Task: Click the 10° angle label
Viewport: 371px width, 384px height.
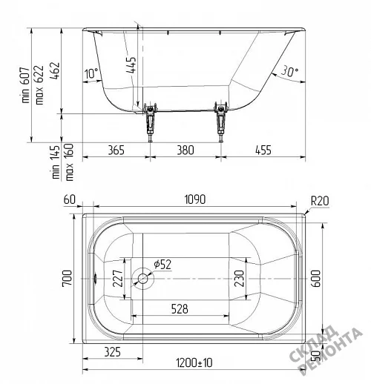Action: (91, 73)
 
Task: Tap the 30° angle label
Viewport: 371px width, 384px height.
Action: (289, 71)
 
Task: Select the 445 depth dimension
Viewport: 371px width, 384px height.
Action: (131, 65)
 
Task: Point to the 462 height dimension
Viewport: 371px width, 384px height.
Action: (55, 70)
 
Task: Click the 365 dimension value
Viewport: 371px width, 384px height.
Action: (116, 150)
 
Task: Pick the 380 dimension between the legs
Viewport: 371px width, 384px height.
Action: (185, 150)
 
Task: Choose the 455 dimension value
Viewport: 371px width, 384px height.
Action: (263, 150)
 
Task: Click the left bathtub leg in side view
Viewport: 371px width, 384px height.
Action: (150, 122)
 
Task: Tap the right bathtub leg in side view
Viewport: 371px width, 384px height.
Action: (221, 122)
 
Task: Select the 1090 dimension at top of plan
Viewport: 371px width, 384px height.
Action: (195, 199)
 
